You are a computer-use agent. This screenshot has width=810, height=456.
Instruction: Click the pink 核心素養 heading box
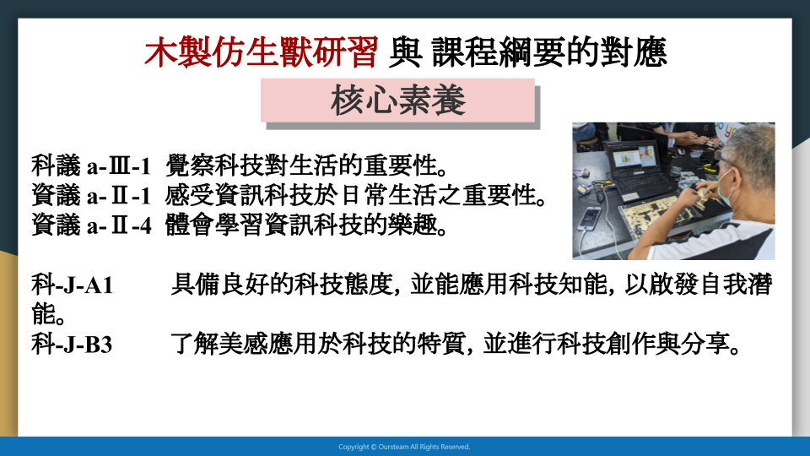[397, 100]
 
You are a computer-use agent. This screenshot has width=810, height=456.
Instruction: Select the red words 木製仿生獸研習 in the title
[262, 52]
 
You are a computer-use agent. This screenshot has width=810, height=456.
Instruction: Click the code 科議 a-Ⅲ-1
[91, 166]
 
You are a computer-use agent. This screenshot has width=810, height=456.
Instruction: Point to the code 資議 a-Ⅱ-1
[91, 196]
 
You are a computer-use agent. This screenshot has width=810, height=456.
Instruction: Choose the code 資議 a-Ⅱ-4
[91, 225]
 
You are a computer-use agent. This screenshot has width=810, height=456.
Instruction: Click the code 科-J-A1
[73, 285]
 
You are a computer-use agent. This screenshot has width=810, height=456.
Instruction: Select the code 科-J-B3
[72, 345]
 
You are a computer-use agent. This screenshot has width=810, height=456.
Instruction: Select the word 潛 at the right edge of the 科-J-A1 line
[760, 285]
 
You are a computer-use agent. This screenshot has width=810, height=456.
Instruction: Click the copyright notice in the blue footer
[404, 447]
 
